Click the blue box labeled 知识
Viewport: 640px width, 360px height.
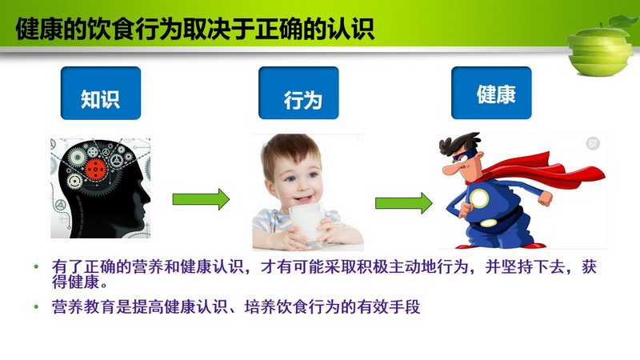(x=101, y=93)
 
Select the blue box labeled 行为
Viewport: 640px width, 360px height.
(x=298, y=93)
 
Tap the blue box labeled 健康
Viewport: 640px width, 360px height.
(x=491, y=93)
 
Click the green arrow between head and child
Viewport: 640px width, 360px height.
(x=201, y=199)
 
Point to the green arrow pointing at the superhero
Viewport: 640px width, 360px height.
(x=404, y=203)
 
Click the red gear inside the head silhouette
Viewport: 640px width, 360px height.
(x=95, y=169)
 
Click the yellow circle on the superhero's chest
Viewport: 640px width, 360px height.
(x=479, y=198)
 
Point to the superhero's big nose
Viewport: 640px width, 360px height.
(x=450, y=169)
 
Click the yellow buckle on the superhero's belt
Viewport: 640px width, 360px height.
(x=488, y=223)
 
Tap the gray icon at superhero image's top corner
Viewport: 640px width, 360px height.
(x=593, y=143)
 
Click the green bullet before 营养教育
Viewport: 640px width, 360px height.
(x=36, y=306)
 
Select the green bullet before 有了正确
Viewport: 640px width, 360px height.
(x=36, y=267)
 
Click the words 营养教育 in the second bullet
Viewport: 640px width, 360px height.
(x=84, y=306)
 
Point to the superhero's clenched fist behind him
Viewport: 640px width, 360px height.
(x=545, y=198)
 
